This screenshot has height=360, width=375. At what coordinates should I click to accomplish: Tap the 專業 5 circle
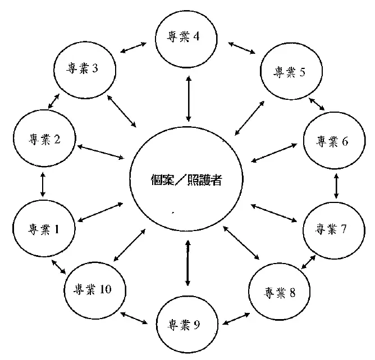click(x=290, y=71)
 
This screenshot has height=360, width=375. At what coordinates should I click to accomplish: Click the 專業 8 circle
click(x=280, y=292)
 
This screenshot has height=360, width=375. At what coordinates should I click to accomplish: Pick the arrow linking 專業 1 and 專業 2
click(x=43, y=184)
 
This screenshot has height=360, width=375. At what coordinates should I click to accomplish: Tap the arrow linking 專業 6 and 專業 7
click(x=336, y=185)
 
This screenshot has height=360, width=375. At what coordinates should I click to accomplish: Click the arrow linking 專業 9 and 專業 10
click(x=134, y=318)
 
